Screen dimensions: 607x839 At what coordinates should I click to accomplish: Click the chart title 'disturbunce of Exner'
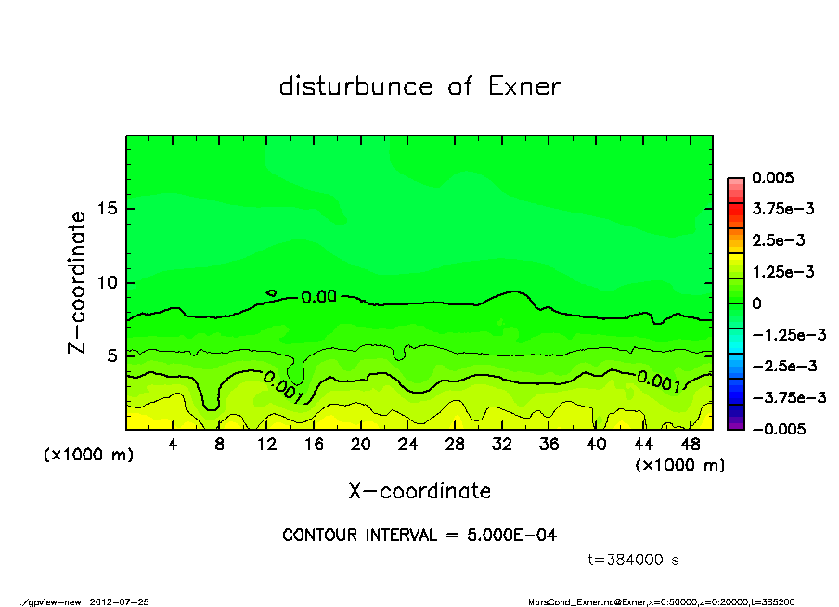pos(419,86)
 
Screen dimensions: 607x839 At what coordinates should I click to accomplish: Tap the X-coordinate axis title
pos(419,490)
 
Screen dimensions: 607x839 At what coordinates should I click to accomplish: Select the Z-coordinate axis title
pos(78,282)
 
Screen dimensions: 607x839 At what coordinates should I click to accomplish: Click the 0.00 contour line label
pos(318,297)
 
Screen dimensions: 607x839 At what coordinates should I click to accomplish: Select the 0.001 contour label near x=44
pos(660,381)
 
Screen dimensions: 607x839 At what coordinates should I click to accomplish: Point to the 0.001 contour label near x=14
pos(283,388)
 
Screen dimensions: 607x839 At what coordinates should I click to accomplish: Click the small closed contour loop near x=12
pos(271,293)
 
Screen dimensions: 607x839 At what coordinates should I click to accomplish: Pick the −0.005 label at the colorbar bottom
pos(776,429)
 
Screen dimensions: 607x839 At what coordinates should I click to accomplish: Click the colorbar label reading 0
pos(756,303)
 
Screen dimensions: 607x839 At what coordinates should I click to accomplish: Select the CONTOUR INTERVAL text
pos(419,536)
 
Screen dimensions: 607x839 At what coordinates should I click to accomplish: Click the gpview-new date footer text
pos(84,601)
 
